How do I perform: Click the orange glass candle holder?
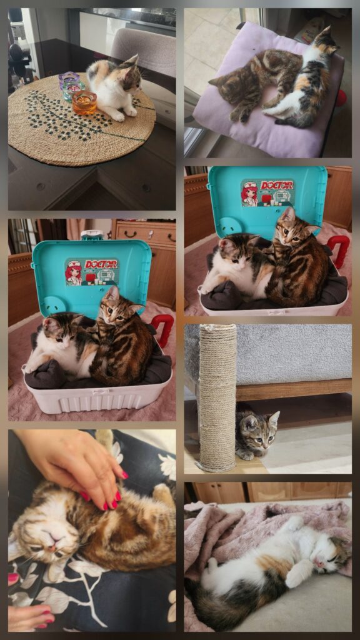point(84,103)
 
